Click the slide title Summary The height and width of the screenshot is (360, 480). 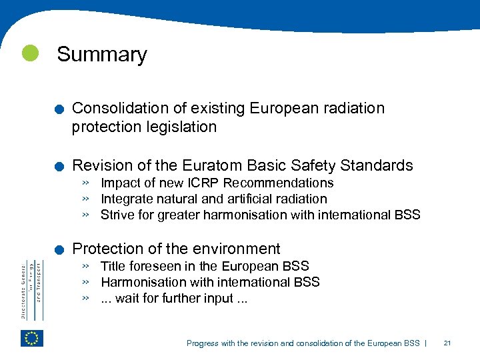102,55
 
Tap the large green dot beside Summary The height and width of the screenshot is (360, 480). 30,53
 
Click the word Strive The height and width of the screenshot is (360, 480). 116,215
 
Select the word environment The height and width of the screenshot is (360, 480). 238,249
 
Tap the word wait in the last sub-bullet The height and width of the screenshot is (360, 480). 127,298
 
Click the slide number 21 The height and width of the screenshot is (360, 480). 447,343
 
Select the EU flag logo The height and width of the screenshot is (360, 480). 31,338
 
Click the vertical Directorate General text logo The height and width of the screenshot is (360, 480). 31,290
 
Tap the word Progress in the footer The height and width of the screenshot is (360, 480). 202,343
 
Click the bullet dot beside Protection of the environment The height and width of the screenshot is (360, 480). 60,251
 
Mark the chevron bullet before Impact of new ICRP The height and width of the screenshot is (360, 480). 86,183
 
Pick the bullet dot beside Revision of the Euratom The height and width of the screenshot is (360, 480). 60,167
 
